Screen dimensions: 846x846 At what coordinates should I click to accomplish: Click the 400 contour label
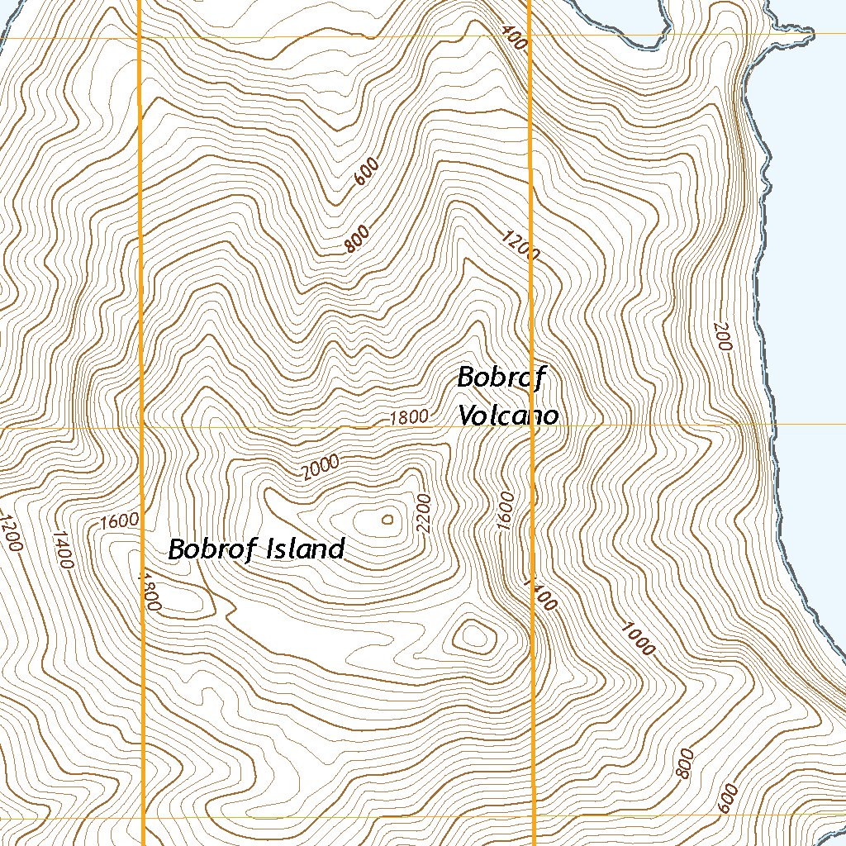click(x=513, y=37)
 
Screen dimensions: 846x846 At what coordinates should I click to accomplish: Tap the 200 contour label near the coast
click(x=722, y=336)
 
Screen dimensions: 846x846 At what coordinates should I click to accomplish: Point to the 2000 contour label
click(x=321, y=468)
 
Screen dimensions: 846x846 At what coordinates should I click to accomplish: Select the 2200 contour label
click(x=425, y=512)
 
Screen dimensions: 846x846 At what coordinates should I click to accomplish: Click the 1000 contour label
click(x=638, y=637)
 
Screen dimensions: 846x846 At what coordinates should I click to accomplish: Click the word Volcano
click(x=508, y=415)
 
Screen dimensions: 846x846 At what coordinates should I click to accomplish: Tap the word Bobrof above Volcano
click(x=501, y=378)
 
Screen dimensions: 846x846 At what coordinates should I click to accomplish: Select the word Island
click(x=302, y=549)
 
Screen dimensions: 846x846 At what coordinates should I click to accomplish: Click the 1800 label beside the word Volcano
click(x=410, y=417)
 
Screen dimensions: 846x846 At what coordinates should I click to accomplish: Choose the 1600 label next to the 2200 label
click(x=506, y=511)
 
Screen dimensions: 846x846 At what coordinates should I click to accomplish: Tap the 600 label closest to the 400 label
click(x=366, y=172)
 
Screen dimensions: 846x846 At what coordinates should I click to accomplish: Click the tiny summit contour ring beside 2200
click(x=387, y=520)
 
